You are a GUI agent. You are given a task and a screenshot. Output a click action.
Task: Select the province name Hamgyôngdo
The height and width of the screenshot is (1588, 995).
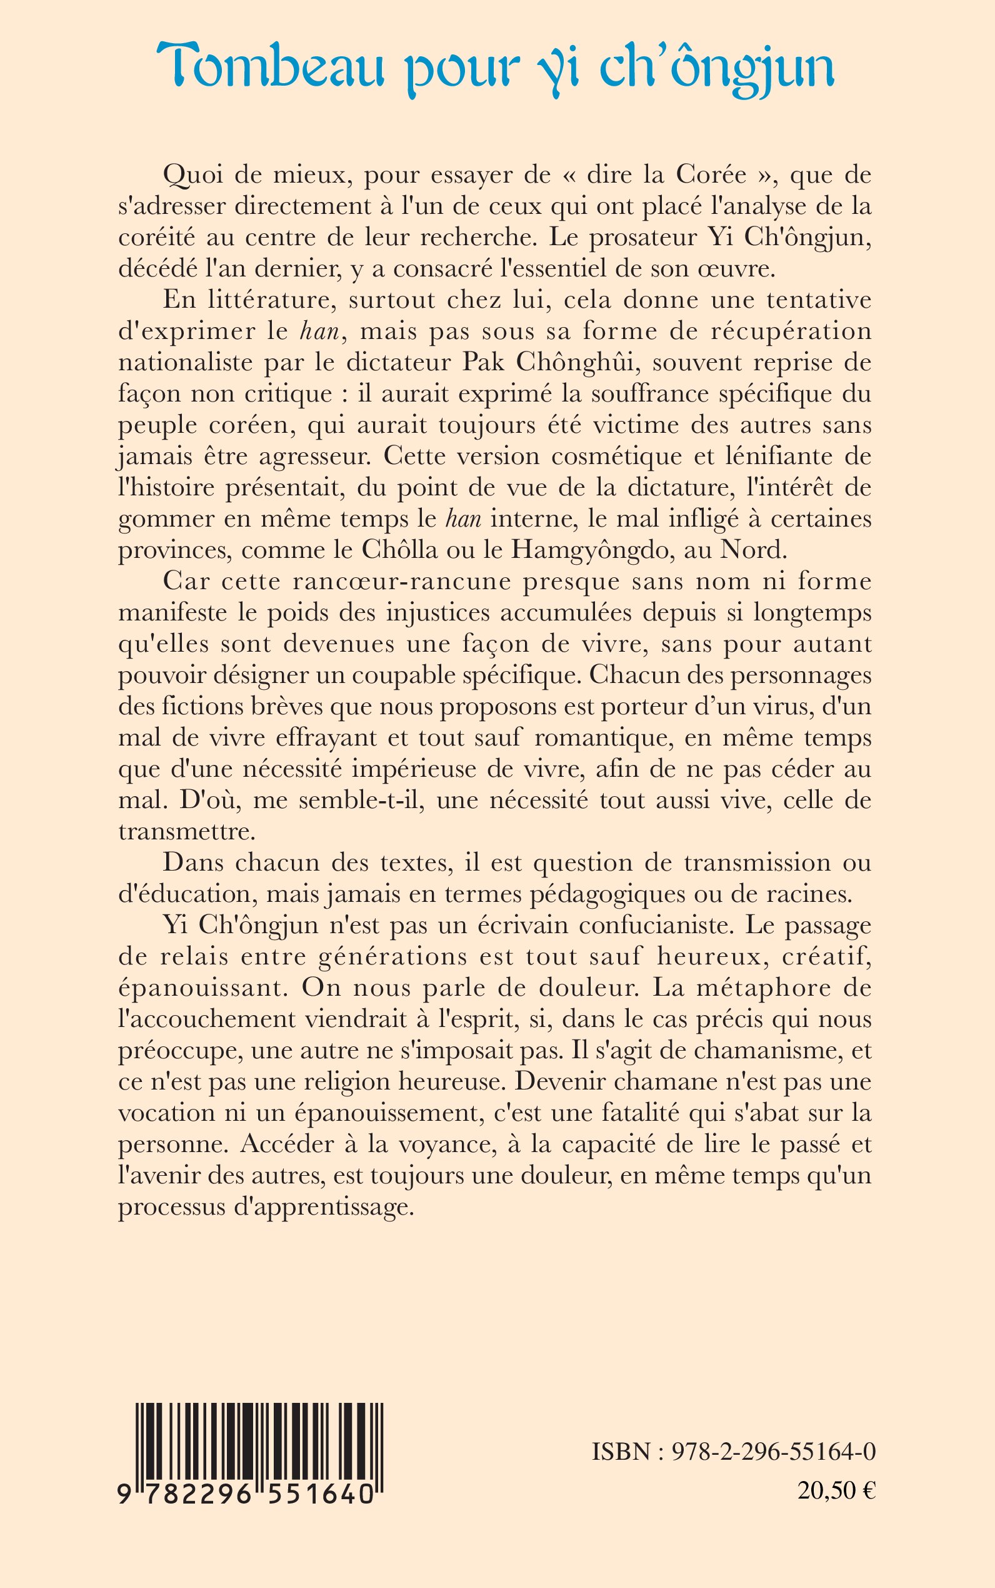[576, 549]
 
